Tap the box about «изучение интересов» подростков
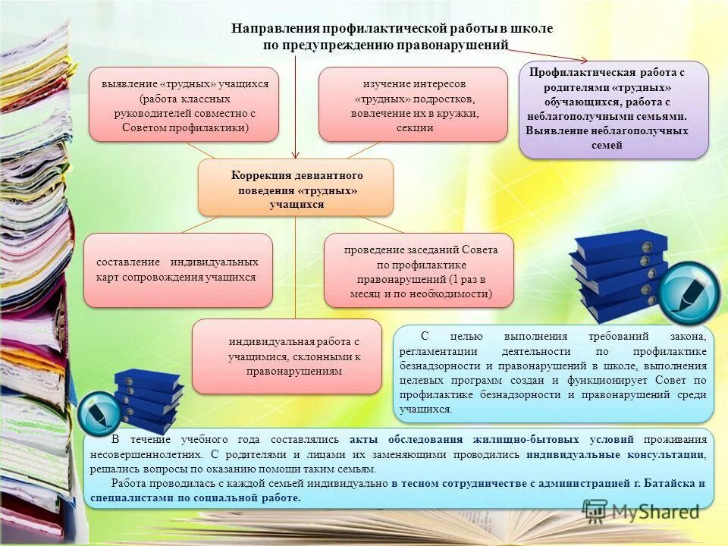coord(413,104)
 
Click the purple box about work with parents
coord(613,109)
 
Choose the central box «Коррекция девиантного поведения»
coord(296,187)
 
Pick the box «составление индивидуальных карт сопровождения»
coord(177,270)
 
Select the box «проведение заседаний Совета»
coord(419,270)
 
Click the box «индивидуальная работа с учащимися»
coord(287,356)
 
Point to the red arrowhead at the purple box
coord(583,61)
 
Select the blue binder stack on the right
coord(618,273)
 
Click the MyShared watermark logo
coord(641,512)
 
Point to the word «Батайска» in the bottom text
coord(664,483)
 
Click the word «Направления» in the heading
coord(275,28)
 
